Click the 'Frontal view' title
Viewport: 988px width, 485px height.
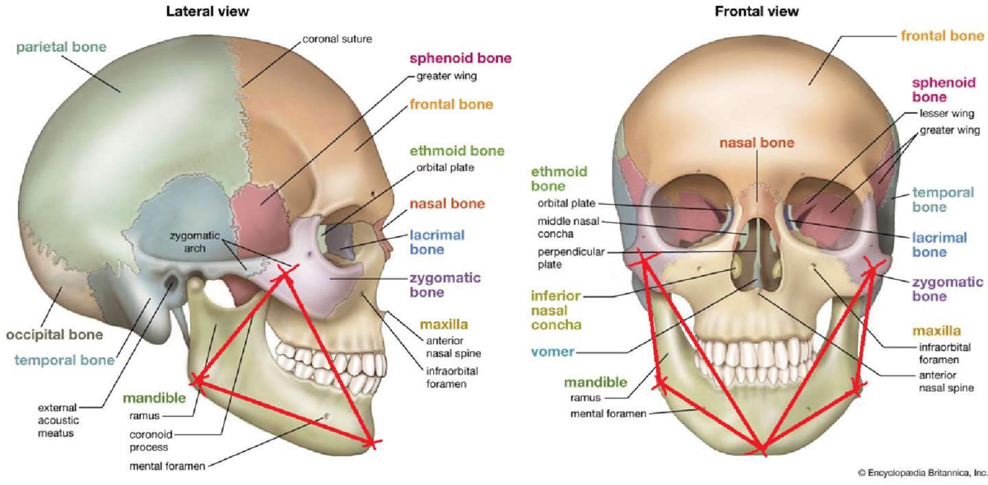click(x=757, y=11)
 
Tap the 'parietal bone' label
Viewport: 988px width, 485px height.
click(x=62, y=47)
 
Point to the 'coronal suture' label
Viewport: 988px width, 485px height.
click(x=338, y=39)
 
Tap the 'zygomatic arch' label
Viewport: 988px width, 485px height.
click(x=196, y=242)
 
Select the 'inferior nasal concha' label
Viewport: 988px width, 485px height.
click(x=556, y=310)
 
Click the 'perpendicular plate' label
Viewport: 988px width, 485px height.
click(x=561, y=258)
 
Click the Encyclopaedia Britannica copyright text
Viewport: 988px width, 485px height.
click(x=922, y=473)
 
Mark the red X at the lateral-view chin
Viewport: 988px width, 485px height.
click(x=371, y=443)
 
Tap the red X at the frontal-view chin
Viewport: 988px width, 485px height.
click(x=761, y=449)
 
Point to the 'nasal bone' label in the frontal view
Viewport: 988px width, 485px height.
click(x=757, y=143)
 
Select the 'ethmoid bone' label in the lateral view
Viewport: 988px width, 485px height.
click(x=457, y=151)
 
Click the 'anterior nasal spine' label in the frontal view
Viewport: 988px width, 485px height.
click(x=946, y=382)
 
